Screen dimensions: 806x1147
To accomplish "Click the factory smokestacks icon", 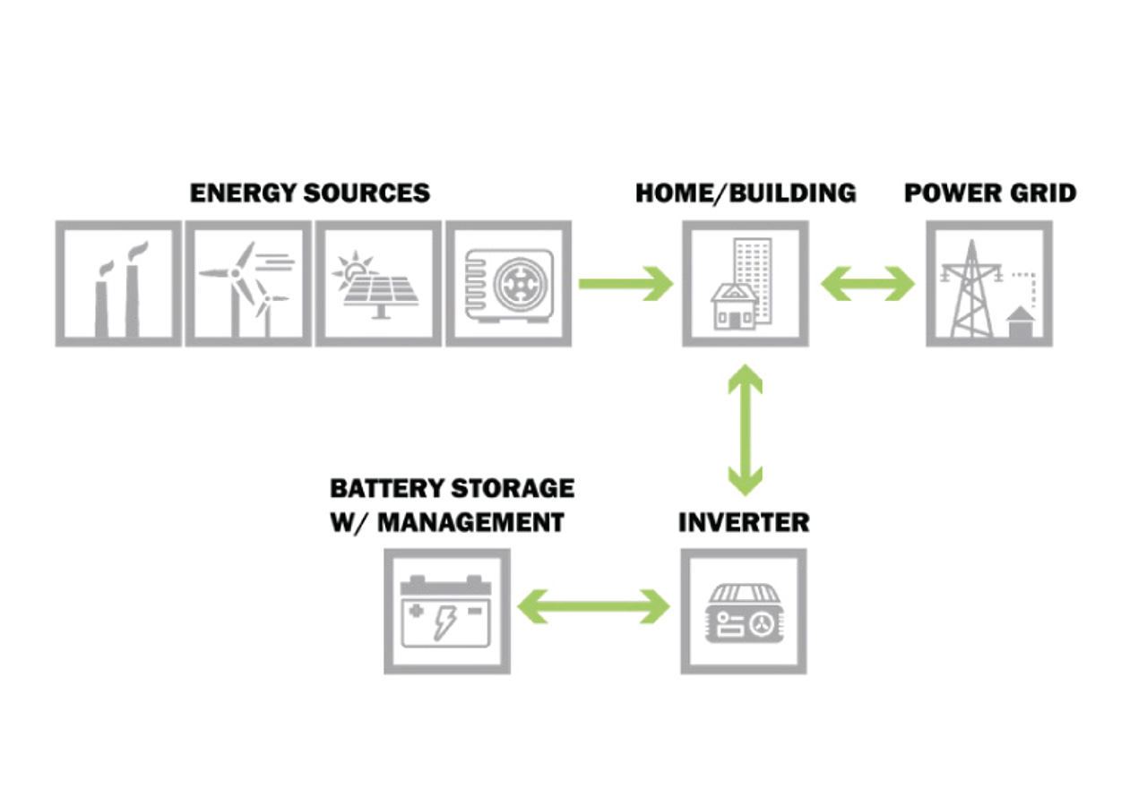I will click(118, 284).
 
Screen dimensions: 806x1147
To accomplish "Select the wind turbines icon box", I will click(248, 284).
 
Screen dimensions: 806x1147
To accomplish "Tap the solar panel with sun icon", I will click(378, 284).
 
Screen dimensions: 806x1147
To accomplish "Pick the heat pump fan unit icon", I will click(508, 284).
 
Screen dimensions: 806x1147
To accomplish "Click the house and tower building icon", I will click(745, 284).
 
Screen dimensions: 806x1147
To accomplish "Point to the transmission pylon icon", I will click(989, 284).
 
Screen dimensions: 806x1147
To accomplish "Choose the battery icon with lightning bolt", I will click(447, 611).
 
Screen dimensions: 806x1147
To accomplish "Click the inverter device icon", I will click(744, 611).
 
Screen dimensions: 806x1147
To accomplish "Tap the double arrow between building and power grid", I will click(867, 285).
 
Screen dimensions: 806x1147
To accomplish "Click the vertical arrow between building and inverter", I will click(745, 430).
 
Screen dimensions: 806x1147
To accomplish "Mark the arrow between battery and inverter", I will click(595, 607).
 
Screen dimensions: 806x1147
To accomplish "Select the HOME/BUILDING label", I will click(746, 193).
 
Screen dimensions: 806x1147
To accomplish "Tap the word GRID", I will click(1041, 193).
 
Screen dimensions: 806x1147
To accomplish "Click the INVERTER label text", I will click(744, 522).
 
